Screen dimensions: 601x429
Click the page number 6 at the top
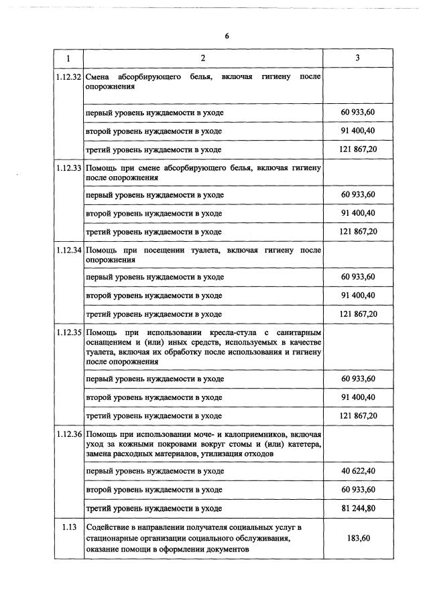coord(227,36)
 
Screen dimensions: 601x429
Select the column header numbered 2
coord(202,58)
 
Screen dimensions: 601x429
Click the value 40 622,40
coord(359,471)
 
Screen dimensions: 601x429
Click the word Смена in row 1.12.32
coord(99,78)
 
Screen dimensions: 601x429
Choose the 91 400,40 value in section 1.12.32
coord(359,131)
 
